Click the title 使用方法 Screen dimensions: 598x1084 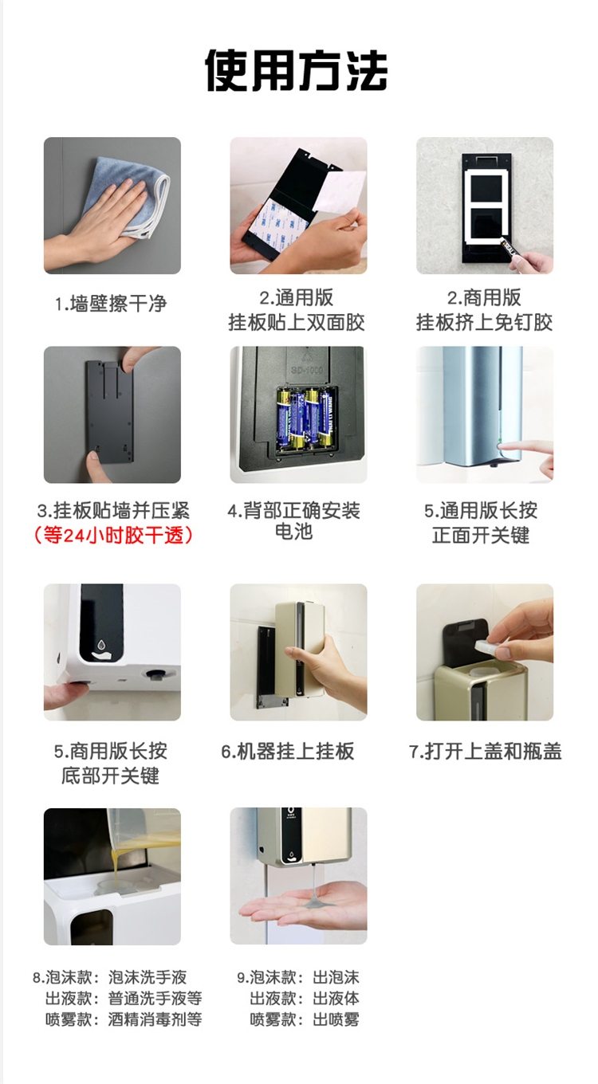coord(296,70)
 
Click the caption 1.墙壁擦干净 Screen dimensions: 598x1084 coord(111,304)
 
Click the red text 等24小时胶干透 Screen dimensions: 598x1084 coord(112,536)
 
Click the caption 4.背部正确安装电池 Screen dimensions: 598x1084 coord(294,520)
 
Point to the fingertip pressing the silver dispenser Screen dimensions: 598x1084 coord(505,446)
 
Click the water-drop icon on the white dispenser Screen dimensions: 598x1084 coord(101,645)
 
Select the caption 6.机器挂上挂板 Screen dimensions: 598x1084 coord(288,752)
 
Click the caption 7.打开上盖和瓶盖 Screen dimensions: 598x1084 coord(486,752)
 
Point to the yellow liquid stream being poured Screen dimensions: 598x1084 coord(114,866)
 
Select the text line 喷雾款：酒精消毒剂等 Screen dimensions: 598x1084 coord(124,1019)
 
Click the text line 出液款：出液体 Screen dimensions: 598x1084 coord(305,999)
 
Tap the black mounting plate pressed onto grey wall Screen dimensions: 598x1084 coord(109,412)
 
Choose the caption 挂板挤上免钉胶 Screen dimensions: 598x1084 coord(484,322)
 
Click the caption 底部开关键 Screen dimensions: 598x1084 coord(110,776)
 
